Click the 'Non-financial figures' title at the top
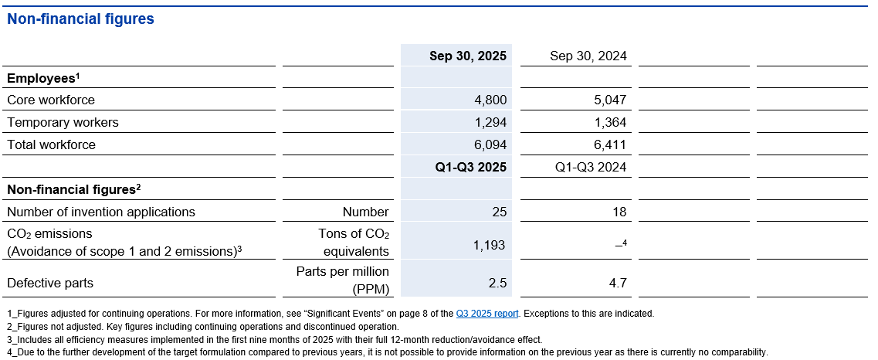click(x=80, y=19)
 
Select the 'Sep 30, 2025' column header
click(x=468, y=56)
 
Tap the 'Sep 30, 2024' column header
click(x=588, y=56)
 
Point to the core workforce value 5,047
click(x=610, y=100)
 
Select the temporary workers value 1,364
click(x=610, y=122)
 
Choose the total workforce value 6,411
click(x=610, y=144)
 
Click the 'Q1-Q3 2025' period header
click(x=470, y=167)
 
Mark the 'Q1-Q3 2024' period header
click(x=591, y=167)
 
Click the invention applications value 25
click(x=498, y=212)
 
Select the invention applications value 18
click(x=619, y=212)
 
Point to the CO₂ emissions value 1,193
click(x=489, y=245)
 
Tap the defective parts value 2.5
click(x=498, y=283)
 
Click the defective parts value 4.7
click(x=618, y=283)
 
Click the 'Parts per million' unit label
click(x=343, y=272)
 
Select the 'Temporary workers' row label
click(x=63, y=122)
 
